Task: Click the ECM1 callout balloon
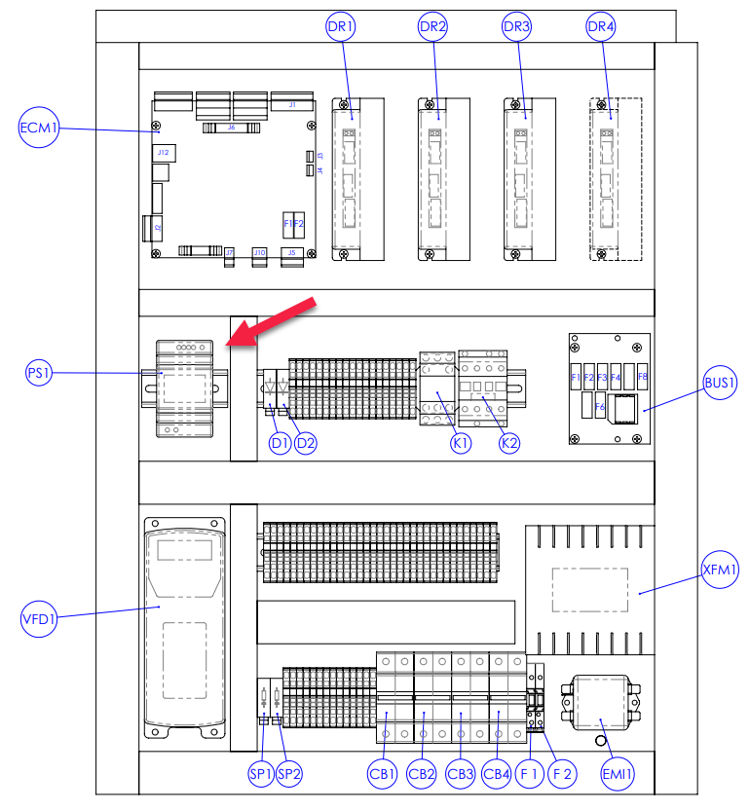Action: [40, 128]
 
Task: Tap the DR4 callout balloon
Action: [601, 27]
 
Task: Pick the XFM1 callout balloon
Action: [721, 568]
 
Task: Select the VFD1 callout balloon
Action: [40, 617]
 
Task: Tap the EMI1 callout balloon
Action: [619, 774]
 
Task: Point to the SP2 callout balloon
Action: [289, 774]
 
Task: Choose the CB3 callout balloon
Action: [460, 774]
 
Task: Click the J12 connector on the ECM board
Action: [163, 153]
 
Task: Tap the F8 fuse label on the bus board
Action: [642, 377]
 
